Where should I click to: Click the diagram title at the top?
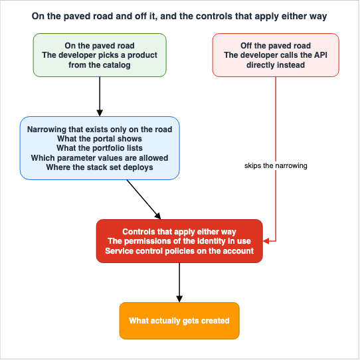click(179, 17)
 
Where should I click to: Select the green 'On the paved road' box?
click(100, 55)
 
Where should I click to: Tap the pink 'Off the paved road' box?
click(276, 55)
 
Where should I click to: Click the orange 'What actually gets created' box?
click(179, 321)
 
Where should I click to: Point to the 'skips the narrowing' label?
click(276, 165)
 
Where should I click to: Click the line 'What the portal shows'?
click(100, 139)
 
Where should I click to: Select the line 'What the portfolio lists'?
click(100, 148)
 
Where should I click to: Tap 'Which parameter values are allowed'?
click(100, 158)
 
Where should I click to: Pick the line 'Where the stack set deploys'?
click(100, 167)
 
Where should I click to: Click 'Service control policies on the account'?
click(179, 251)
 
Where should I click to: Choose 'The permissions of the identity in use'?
click(179, 241)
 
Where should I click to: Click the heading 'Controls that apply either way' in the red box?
click(179, 232)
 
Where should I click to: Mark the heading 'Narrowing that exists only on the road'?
click(100, 130)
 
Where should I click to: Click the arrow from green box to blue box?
click(100, 97)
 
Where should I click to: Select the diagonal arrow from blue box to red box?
click(143, 199)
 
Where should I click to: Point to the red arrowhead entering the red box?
click(266, 241)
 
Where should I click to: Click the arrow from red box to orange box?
click(179, 283)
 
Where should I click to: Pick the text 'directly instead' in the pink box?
click(276, 65)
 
